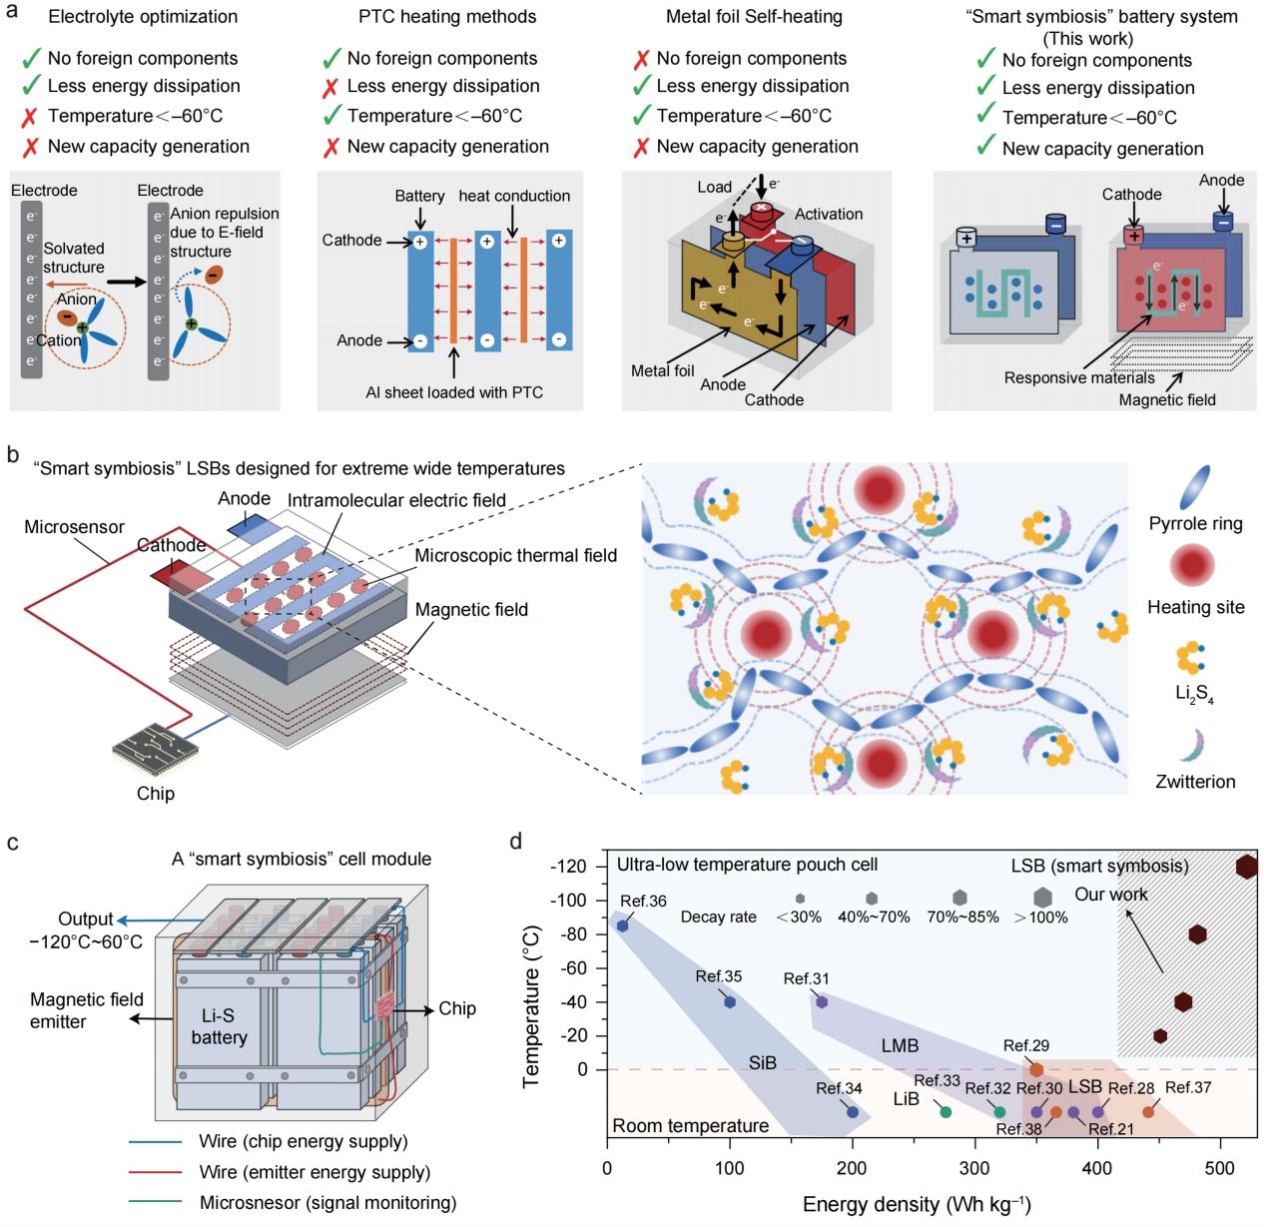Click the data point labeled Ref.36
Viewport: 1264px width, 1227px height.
(622, 925)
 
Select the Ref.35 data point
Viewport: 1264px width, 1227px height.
(730, 1001)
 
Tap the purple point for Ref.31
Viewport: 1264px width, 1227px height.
(822, 1001)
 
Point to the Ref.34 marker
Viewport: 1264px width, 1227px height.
(852, 1111)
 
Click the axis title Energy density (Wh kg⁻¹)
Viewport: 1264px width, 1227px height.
(916, 1205)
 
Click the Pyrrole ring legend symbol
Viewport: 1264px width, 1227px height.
(1195, 488)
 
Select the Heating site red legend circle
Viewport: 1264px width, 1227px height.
(1193, 565)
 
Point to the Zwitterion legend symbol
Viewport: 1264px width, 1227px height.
(1194, 745)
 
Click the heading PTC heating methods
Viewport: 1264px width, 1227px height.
(447, 17)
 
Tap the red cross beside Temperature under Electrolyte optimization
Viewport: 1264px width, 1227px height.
(30, 117)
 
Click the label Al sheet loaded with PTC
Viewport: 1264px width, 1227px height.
(454, 392)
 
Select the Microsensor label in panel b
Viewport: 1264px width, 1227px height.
(75, 527)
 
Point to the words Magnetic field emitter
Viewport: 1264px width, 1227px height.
(86, 1010)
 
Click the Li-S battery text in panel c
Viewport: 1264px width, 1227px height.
(219, 1026)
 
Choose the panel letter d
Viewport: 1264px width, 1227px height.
(515, 842)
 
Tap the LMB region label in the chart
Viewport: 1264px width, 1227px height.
(900, 1045)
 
